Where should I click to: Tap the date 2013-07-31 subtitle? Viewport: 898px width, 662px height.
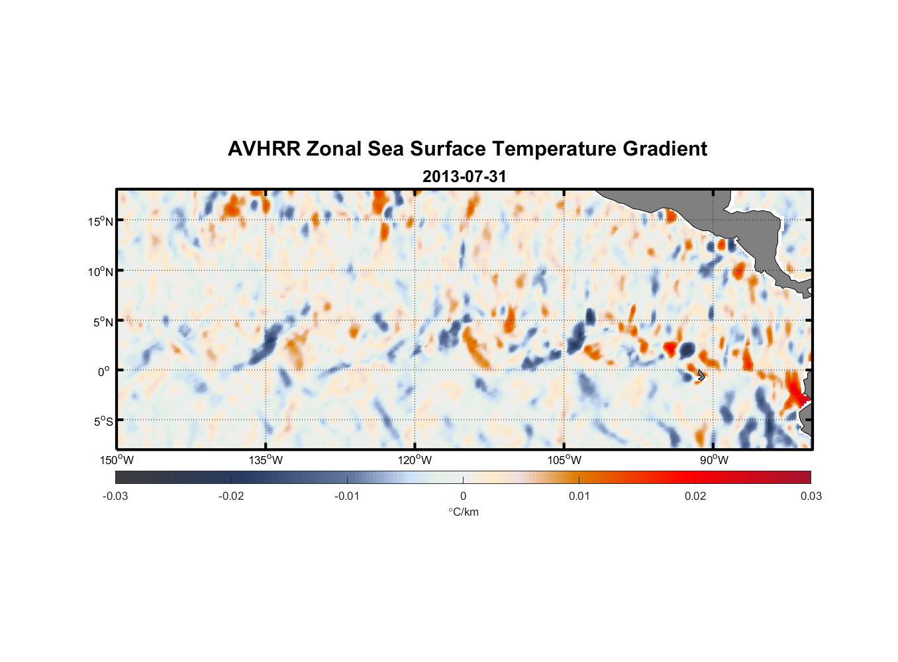coord(464,177)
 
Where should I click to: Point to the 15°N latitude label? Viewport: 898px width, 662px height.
coord(100,221)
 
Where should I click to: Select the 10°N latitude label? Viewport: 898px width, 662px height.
coord(100,271)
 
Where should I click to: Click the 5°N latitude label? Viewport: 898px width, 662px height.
coord(103,322)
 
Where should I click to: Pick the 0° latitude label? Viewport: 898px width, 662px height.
coord(104,371)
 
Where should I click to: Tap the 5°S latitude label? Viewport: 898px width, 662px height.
coord(103,422)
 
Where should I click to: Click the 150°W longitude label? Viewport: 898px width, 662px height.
coord(117,460)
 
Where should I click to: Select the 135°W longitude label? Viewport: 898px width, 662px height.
coord(266,460)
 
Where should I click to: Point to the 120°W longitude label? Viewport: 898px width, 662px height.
coord(415,460)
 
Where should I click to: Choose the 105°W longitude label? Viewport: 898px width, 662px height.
coord(564,460)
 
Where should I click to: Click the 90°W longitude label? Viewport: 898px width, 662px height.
coord(714,460)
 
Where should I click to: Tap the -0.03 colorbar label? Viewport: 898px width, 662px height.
coord(115,496)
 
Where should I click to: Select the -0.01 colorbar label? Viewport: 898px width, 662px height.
coord(347,496)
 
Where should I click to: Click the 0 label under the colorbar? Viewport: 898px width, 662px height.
coord(463,496)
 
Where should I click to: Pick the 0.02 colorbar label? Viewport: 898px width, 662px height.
coord(695,496)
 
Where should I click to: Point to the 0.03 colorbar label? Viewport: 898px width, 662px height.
coord(811,496)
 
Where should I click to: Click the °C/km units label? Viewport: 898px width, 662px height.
coord(463,512)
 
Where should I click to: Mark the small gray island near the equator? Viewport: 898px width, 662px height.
coord(701,375)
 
